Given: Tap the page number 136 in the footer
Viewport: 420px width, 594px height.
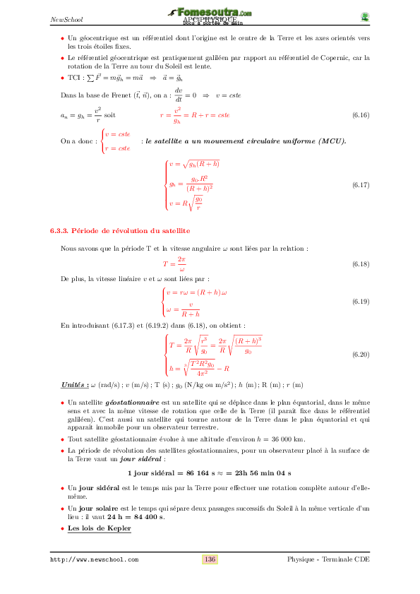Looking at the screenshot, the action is (x=210, y=559).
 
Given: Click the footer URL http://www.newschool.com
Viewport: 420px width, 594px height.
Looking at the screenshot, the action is (x=94, y=559).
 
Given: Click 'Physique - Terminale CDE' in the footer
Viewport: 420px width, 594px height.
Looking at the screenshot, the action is (x=328, y=559).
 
